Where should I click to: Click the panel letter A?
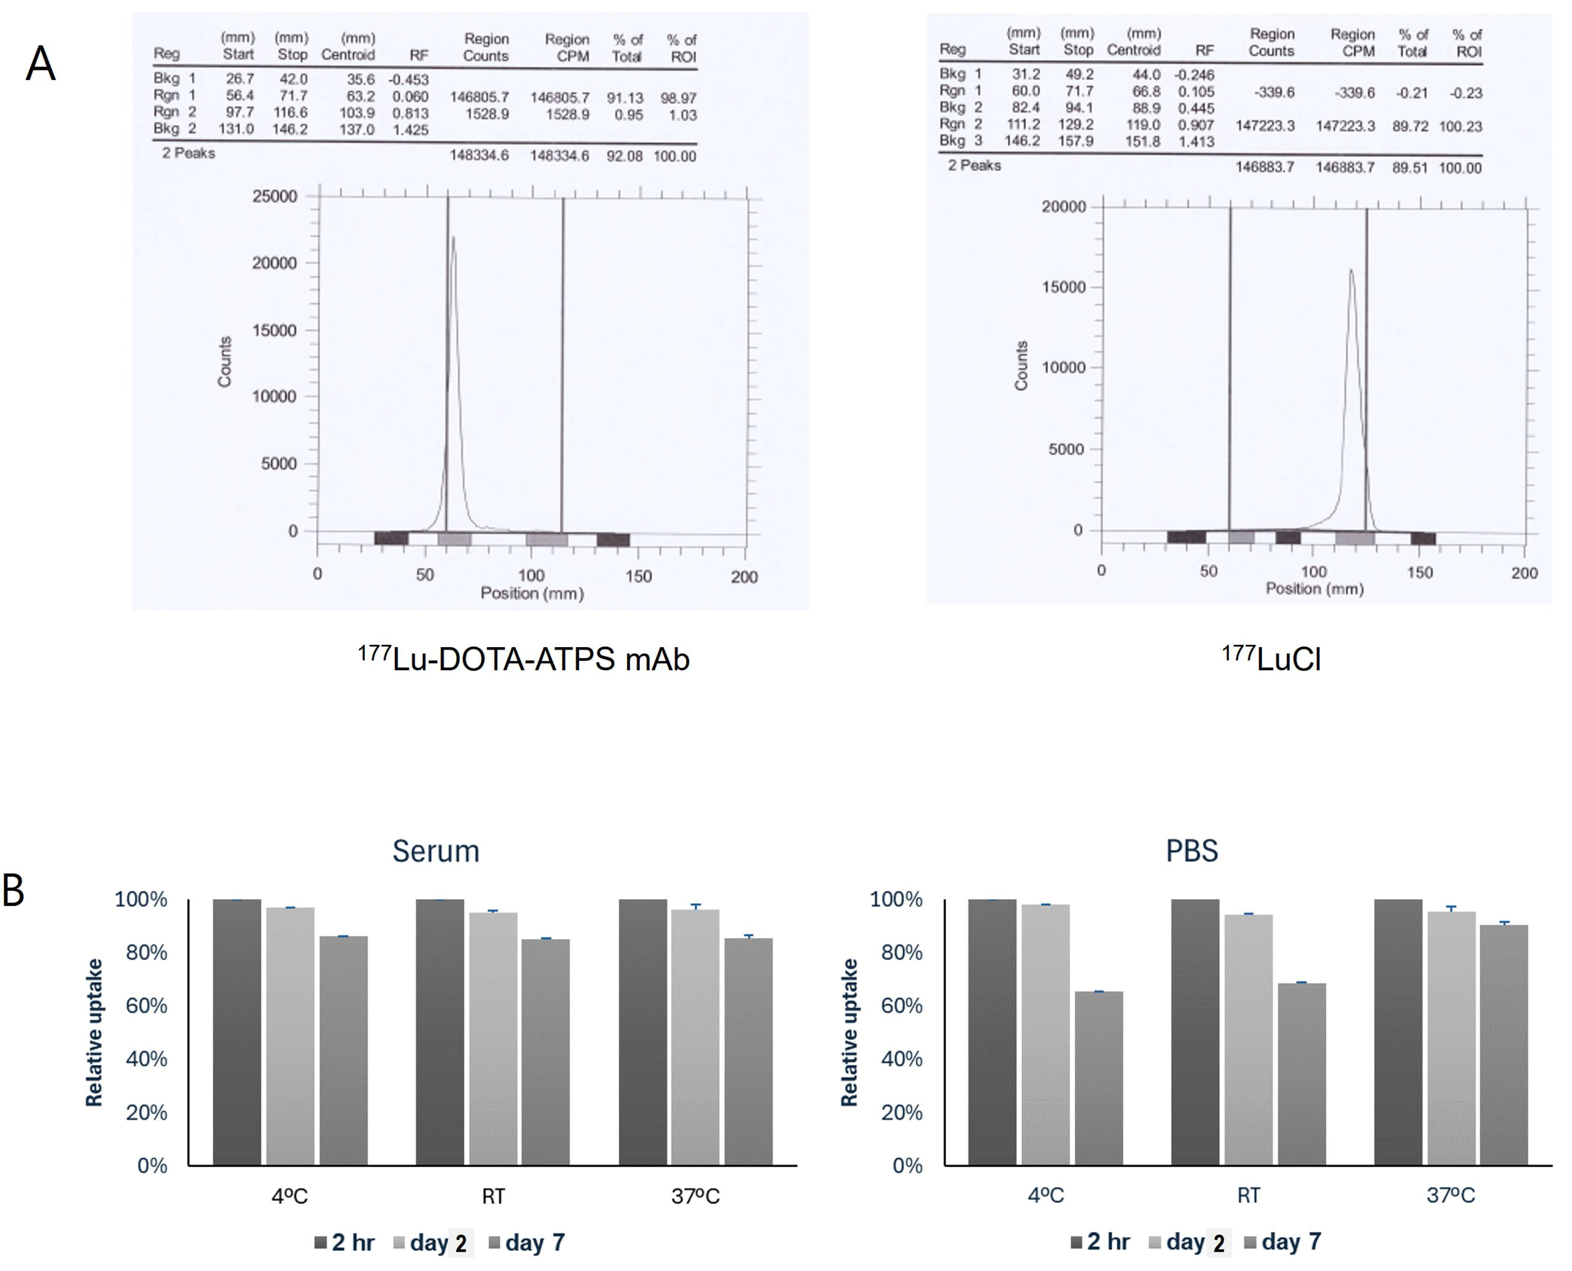(x=40, y=64)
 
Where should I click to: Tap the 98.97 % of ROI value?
(x=679, y=98)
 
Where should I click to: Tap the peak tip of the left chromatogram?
(x=453, y=238)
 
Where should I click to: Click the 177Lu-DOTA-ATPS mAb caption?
(x=524, y=659)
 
